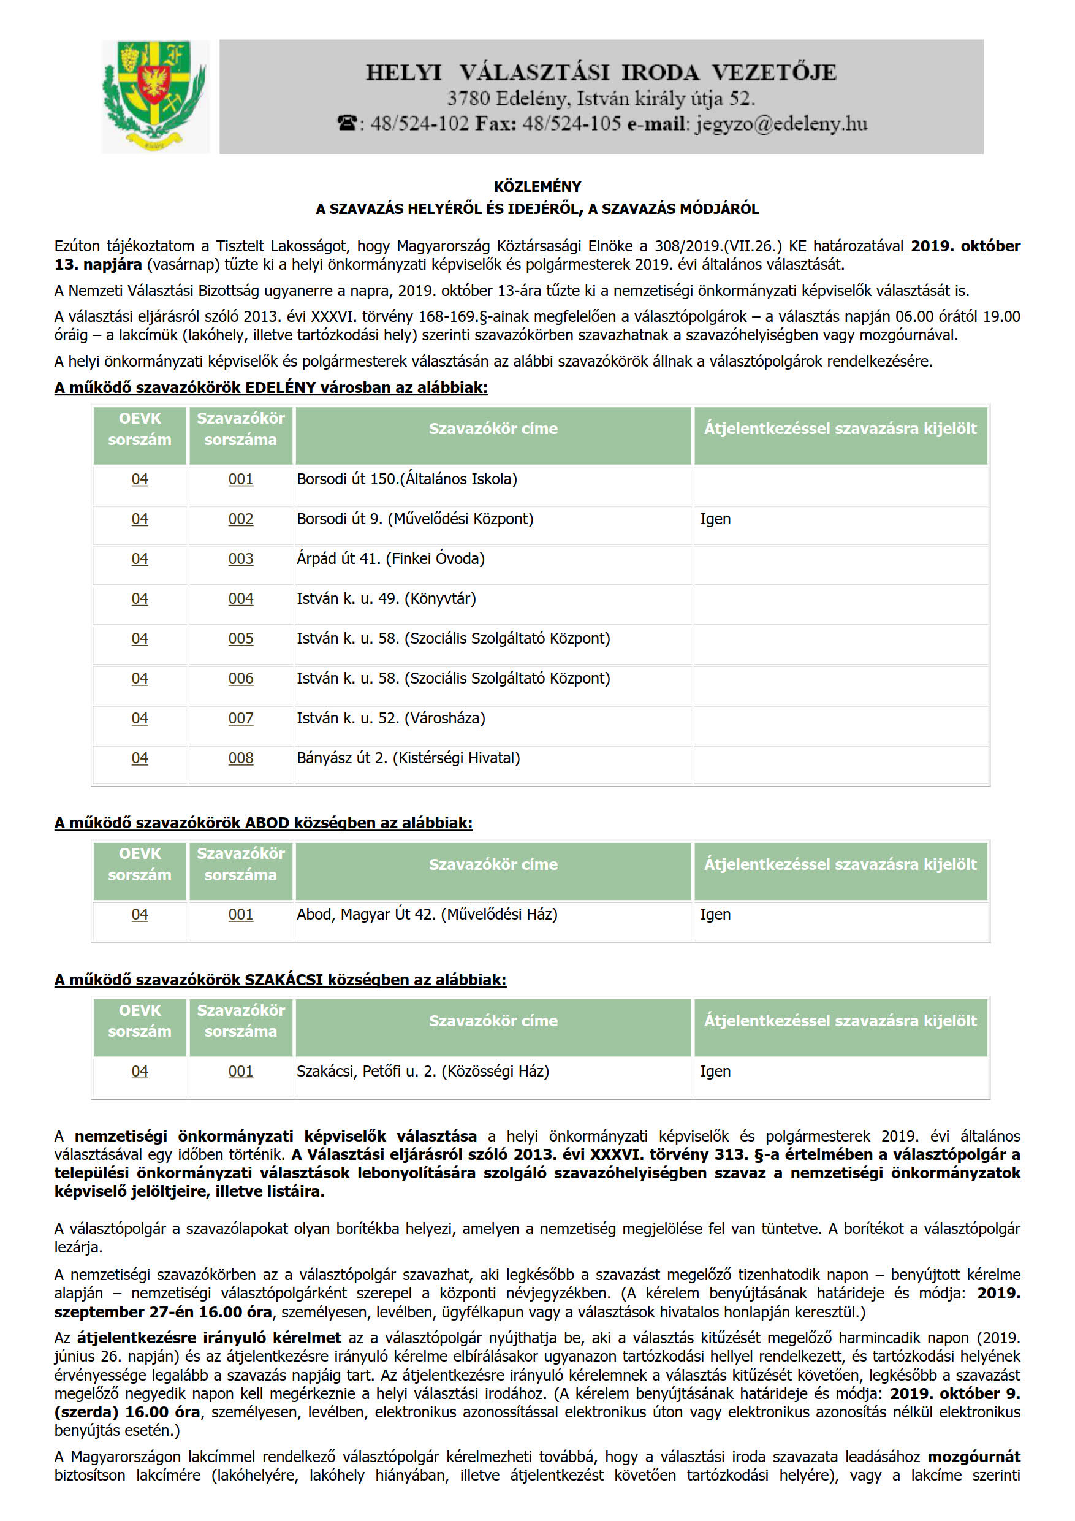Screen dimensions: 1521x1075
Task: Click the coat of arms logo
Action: [x=155, y=97]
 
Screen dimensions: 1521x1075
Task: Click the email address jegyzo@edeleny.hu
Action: [x=781, y=124]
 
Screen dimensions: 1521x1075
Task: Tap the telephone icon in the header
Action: [x=347, y=124]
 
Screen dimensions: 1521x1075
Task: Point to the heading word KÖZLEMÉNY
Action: [x=537, y=187]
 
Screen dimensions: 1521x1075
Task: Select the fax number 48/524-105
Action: [x=572, y=124]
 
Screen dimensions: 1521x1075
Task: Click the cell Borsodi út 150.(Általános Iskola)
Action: [x=407, y=479]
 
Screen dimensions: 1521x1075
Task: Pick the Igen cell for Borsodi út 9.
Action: [x=715, y=519]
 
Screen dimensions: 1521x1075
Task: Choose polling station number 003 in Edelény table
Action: [x=240, y=559]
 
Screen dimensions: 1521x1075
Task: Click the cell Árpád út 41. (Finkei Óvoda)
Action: [x=391, y=559]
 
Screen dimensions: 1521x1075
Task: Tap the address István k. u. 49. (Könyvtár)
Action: [x=386, y=599]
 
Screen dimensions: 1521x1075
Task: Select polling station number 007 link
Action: [x=240, y=718]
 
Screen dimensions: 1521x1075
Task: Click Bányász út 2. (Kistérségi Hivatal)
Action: [x=408, y=758]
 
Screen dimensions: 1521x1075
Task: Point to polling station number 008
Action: [x=240, y=758]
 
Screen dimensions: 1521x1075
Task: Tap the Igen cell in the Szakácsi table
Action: [x=715, y=1071]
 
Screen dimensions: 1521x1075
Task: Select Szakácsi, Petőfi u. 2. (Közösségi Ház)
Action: [x=422, y=1071]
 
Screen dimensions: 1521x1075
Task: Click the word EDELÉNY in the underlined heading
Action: [x=280, y=388]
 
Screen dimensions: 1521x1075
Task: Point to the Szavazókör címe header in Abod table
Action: [x=493, y=864]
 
